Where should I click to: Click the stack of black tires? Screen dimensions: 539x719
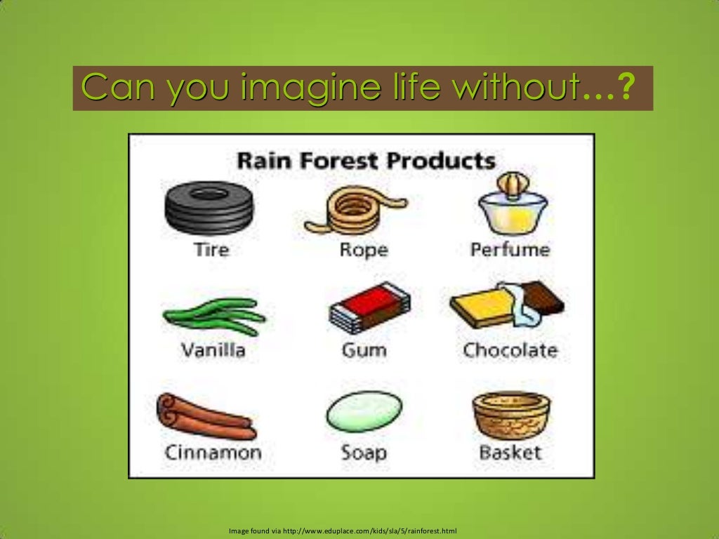(x=209, y=208)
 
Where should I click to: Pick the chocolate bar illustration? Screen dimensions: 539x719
(x=507, y=303)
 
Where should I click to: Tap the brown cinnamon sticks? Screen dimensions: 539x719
(x=206, y=415)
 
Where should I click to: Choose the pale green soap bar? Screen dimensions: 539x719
(x=364, y=411)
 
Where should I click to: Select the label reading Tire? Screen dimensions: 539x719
(x=211, y=250)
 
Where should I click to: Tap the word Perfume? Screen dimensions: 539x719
(x=510, y=250)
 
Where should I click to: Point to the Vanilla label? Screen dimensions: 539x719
(x=213, y=350)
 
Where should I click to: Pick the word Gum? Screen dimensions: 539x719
(x=364, y=350)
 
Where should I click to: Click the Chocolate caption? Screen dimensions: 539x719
(x=510, y=350)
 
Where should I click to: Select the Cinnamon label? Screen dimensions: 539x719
(x=213, y=452)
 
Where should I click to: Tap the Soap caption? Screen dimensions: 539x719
(x=364, y=452)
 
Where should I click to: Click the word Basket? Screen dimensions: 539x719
(x=510, y=452)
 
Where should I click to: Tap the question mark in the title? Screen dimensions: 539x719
(x=628, y=89)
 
